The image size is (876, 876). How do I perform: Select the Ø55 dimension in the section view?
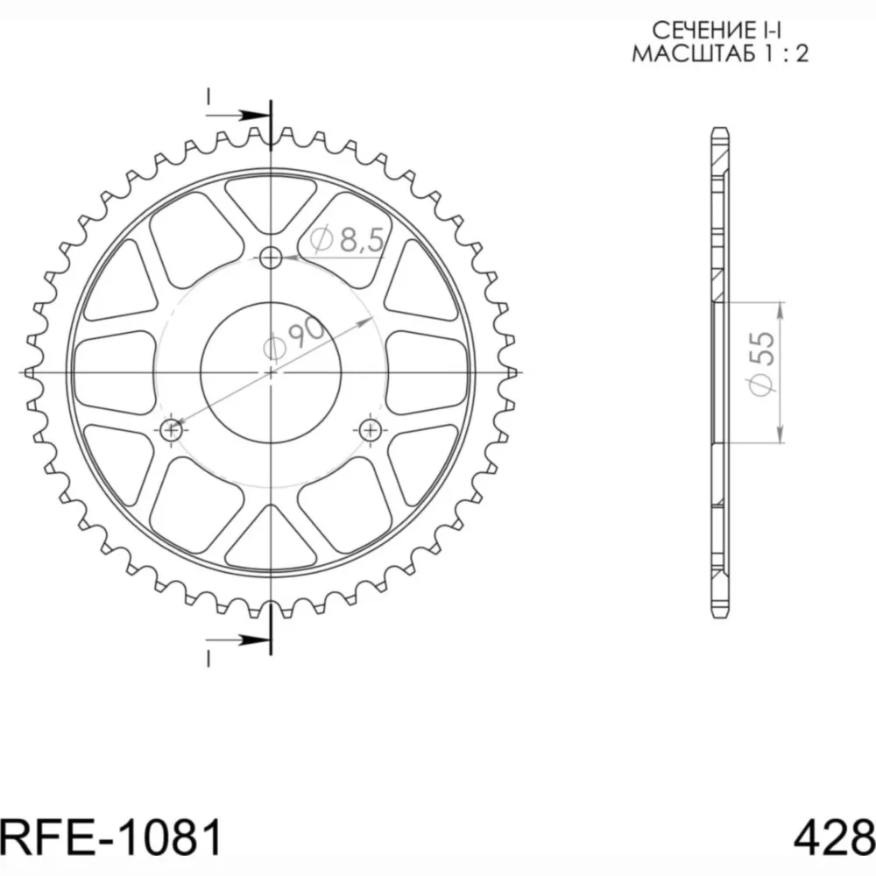[763, 364]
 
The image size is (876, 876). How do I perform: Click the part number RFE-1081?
[111, 838]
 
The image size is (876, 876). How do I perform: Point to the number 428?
[834, 838]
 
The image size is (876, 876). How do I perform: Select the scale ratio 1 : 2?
[787, 53]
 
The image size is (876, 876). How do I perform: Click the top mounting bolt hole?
[271, 258]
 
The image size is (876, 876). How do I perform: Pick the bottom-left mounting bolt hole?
[171, 429]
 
